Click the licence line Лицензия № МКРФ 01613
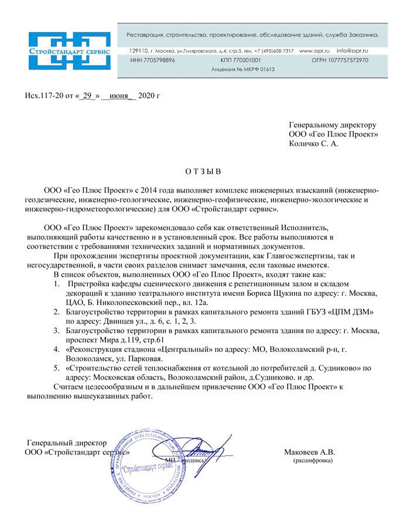tap(242, 70)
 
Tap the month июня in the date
tap(119, 95)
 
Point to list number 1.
tap(56, 283)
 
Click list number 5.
tap(56, 368)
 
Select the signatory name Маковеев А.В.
tap(309, 452)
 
